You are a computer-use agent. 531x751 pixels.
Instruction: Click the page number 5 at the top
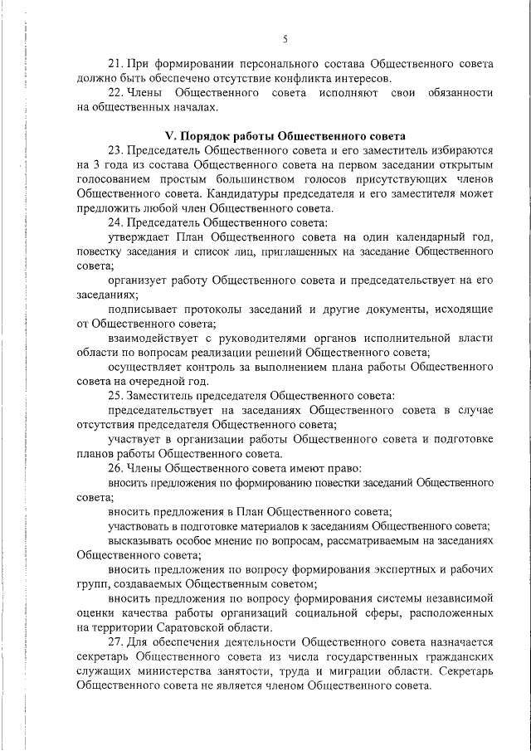tap(285, 38)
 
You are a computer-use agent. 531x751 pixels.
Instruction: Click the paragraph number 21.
tap(115, 63)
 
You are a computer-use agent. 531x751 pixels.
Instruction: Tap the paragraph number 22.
tap(115, 93)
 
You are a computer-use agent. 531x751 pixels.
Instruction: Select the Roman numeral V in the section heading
tap(169, 135)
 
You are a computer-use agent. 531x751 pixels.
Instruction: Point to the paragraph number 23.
tap(115, 150)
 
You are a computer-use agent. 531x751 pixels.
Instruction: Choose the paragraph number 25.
tap(115, 395)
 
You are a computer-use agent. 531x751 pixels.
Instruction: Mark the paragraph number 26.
tap(115, 466)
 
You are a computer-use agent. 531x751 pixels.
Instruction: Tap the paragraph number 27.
tap(115, 642)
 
